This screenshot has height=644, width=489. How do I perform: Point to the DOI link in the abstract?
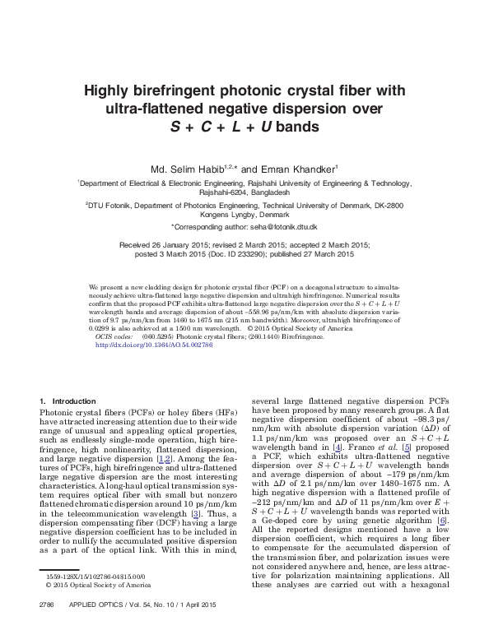(154, 345)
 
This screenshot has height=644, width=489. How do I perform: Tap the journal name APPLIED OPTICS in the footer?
(97, 627)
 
